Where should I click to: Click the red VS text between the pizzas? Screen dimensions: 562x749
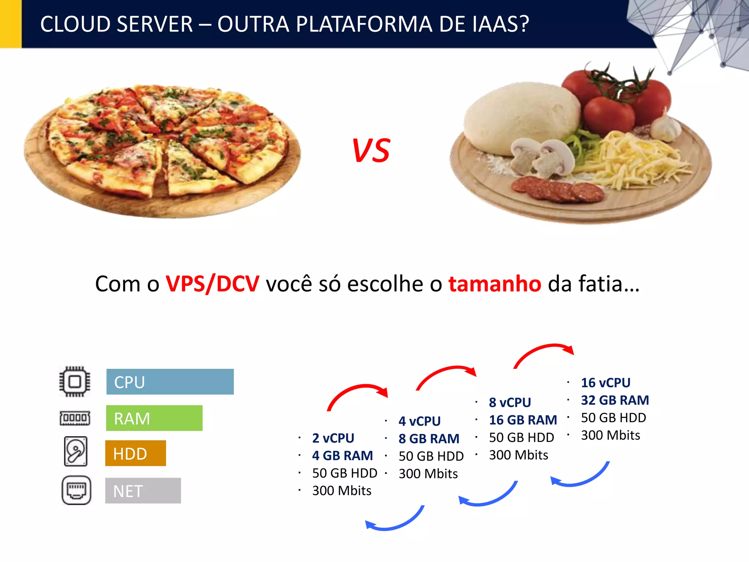tap(371, 150)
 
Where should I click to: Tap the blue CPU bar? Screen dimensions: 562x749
tap(170, 382)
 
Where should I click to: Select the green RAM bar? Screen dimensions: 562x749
tap(154, 418)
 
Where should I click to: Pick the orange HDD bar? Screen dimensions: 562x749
tap(135, 453)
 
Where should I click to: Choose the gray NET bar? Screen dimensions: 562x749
tap(143, 491)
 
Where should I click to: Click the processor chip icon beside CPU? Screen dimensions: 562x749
tap(75, 382)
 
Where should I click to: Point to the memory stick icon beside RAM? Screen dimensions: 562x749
tap(75, 418)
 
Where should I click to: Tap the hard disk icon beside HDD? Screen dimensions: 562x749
tap(76, 451)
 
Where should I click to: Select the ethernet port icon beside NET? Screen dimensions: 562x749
tap(76, 490)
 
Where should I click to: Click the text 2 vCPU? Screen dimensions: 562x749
tap(333, 438)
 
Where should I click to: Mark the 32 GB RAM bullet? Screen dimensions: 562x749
tap(615, 400)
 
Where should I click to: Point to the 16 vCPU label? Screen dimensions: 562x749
tap(606, 382)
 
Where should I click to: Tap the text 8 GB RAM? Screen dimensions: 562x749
tap(429, 438)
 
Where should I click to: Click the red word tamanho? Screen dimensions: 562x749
tap(494, 284)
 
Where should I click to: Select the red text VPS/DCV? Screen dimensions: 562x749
tap(212, 284)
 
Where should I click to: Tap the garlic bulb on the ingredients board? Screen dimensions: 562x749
tap(665, 128)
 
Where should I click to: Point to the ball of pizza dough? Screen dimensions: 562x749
tap(519, 117)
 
